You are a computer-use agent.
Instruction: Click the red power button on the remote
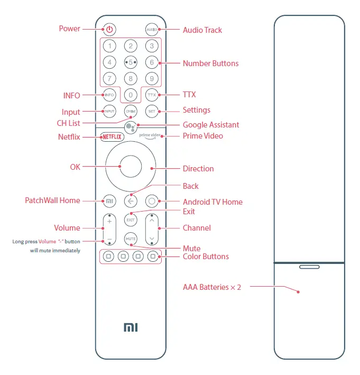pyautogui.click(x=109, y=30)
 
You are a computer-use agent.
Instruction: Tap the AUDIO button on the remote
pyautogui.click(x=152, y=30)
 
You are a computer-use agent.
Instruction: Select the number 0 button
pyautogui.click(x=131, y=95)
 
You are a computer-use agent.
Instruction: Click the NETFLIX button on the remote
pyautogui.click(x=112, y=136)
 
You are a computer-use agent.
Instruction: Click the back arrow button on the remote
pyautogui.click(x=131, y=201)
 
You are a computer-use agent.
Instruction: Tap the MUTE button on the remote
pyautogui.click(x=131, y=239)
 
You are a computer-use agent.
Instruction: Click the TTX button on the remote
pyautogui.click(x=152, y=95)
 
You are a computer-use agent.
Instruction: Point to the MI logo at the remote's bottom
pyautogui.click(x=131, y=327)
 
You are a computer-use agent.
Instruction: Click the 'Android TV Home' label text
pyautogui.click(x=213, y=202)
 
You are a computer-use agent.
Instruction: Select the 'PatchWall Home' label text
pyautogui.click(x=52, y=200)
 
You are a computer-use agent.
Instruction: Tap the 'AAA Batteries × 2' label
pyautogui.click(x=212, y=287)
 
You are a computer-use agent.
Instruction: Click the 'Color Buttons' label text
pyautogui.click(x=206, y=257)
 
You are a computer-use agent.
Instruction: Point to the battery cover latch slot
pyautogui.click(x=309, y=267)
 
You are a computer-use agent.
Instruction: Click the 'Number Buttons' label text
pyautogui.click(x=210, y=63)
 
